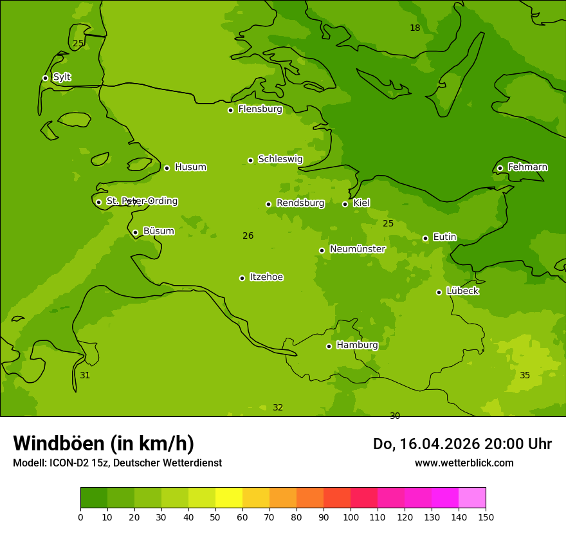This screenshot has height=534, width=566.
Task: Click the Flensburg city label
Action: [x=260, y=109]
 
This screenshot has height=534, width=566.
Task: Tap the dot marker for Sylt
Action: [x=45, y=78]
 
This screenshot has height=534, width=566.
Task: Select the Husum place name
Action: [x=190, y=167]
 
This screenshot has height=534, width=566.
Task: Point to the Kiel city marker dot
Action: [x=345, y=204]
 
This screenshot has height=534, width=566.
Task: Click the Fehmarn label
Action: [x=527, y=167]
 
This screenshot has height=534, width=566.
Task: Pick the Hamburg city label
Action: [x=357, y=345]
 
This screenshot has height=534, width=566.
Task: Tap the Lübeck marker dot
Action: [x=439, y=292]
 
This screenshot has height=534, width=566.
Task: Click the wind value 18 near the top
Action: [x=415, y=28]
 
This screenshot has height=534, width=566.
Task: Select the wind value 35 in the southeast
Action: [x=525, y=375]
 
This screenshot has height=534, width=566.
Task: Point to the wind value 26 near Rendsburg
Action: [x=248, y=236]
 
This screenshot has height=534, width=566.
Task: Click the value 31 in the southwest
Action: [x=85, y=375]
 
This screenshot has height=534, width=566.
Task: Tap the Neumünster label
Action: [x=357, y=249]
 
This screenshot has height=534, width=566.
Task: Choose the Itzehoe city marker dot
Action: [x=242, y=278]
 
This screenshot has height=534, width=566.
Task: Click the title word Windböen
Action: [x=59, y=443]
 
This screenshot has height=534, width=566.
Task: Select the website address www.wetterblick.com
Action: [x=464, y=463]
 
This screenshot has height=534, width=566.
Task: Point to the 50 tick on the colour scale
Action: [x=215, y=517]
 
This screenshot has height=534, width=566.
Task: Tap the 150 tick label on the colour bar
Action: [x=485, y=517]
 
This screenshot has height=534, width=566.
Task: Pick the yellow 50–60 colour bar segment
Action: [x=229, y=498]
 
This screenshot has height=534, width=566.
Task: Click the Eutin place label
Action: [x=444, y=237]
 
